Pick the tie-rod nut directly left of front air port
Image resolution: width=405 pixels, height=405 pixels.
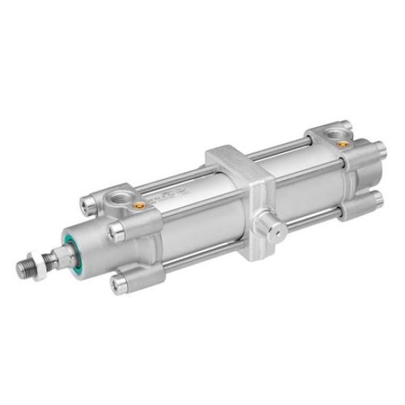tap(88, 201)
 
